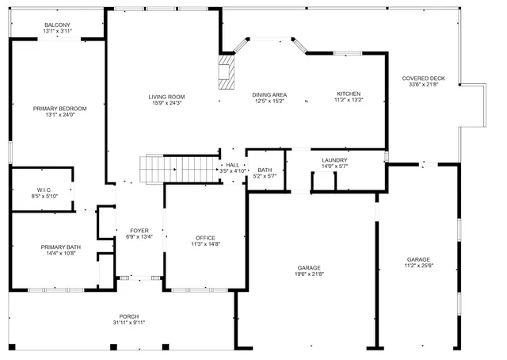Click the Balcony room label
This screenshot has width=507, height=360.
57,25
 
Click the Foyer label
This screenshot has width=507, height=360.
139,231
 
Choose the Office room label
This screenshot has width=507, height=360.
205,238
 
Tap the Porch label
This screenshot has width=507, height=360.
129,316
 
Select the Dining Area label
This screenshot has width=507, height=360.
269,95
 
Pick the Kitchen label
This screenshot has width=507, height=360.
348,94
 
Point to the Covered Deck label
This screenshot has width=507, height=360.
423,79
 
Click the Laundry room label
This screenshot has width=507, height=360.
334,161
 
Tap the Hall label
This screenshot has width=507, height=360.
233,165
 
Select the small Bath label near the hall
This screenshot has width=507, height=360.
265,170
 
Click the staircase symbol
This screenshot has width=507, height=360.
178,168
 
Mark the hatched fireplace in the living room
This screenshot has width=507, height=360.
228,72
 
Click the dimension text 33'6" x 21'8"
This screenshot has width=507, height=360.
423,85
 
